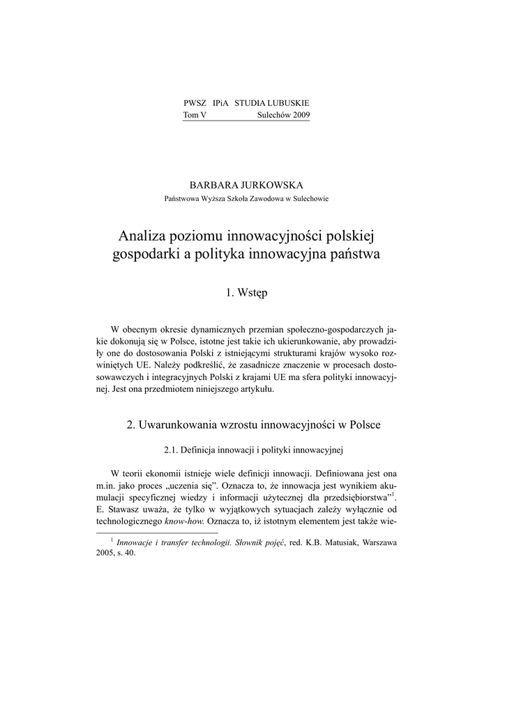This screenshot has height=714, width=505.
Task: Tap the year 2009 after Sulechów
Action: tap(297, 114)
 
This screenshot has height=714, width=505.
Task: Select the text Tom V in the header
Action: tap(195, 114)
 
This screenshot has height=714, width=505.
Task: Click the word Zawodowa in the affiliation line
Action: tap(266, 198)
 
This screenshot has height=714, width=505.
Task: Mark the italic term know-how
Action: tap(183, 521)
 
